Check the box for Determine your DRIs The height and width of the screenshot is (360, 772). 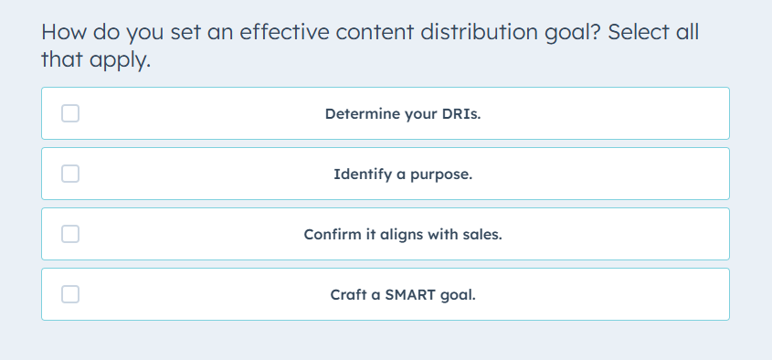[x=70, y=113]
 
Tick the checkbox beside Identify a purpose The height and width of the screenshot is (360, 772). [x=70, y=174]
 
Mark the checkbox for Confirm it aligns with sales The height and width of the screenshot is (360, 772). [x=70, y=234]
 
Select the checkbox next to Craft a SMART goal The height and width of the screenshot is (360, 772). [x=70, y=294]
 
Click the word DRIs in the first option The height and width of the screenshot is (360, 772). [x=462, y=113]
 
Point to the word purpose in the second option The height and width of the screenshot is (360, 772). [x=441, y=175]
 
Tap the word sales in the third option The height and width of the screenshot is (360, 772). [x=484, y=234]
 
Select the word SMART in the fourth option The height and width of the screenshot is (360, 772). [x=410, y=294]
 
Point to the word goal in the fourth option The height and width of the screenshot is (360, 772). [x=460, y=295]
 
